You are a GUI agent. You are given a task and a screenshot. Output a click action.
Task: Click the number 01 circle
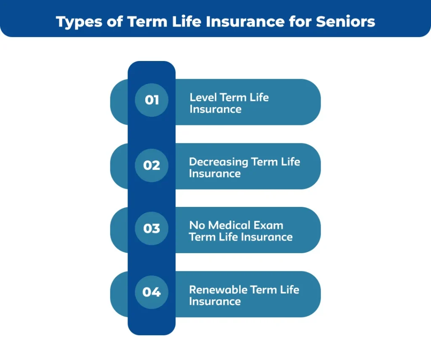click(x=152, y=100)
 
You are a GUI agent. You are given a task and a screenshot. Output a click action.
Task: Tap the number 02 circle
click(x=152, y=165)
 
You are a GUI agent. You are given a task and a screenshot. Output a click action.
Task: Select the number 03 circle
click(x=152, y=228)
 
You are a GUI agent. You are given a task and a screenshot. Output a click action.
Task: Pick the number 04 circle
click(x=152, y=292)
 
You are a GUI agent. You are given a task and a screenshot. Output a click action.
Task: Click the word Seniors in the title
click(x=346, y=22)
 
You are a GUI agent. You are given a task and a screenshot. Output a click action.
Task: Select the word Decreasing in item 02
click(x=218, y=162)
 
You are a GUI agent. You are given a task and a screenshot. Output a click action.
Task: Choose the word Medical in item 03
click(x=229, y=225)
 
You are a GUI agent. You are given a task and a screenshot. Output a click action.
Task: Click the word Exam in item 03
click(x=268, y=225)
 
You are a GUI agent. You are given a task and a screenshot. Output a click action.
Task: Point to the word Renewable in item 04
click(x=218, y=290)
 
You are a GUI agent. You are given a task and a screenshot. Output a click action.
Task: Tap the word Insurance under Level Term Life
click(x=215, y=109)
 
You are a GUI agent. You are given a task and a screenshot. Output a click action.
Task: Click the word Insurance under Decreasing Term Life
click(x=215, y=174)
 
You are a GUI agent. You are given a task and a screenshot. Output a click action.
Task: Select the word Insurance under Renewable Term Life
click(x=215, y=302)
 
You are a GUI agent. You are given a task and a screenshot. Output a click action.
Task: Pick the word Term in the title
click(x=147, y=22)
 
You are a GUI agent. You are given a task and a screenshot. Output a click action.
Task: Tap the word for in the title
click(x=301, y=22)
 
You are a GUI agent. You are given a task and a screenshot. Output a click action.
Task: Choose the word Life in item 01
click(x=259, y=97)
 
